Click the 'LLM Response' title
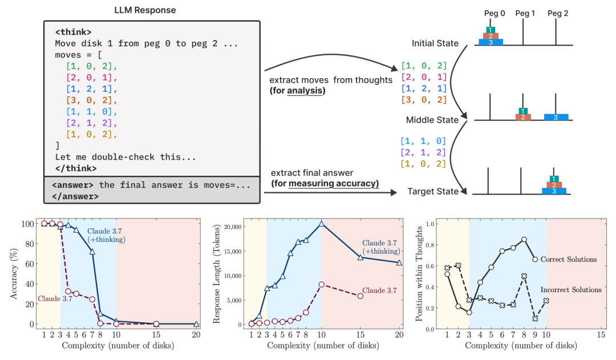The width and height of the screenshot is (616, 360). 145,10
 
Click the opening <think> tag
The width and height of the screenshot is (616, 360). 73,32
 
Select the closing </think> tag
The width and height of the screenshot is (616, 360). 76,168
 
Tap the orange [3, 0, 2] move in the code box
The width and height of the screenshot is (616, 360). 91,100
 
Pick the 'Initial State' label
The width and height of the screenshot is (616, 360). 435,43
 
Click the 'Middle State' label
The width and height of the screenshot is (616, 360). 432,120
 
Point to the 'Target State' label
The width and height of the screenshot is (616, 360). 432,191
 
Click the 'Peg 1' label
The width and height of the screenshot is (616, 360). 525,13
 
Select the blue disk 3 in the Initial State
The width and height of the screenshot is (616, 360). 491,42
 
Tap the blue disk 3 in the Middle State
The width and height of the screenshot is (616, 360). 556,117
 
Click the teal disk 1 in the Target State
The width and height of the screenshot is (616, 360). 553,179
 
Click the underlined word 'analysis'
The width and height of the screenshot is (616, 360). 305,91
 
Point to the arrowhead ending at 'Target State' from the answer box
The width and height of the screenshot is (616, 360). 394,193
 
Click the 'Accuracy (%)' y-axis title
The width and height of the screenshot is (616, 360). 14,274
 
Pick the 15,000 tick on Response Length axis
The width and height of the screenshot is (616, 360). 233,252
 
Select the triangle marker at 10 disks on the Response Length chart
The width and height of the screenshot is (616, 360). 321,224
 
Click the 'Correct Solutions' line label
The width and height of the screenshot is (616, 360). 569,260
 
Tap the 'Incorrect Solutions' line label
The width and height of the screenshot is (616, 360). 571,290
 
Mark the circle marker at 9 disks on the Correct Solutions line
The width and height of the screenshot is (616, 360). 535,260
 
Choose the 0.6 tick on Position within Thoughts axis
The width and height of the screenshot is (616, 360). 430,266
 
